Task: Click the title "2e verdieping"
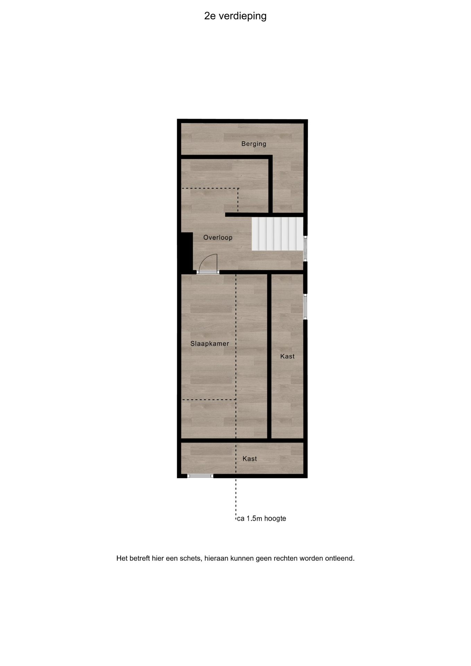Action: pos(235,16)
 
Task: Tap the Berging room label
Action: pos(254,144)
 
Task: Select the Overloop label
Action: pos(218,238)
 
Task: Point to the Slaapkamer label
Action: pos(209,344)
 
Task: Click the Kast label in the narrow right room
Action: pos(288,356)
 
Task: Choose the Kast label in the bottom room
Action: pos(250,459)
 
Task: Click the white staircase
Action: pos(277,233)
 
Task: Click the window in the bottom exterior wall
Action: pos(200,476)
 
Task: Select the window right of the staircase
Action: pos(305,248)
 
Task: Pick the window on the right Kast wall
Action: pos(305,307)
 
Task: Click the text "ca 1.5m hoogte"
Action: pos(262,519)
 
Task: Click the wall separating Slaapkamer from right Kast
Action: pos(269,356)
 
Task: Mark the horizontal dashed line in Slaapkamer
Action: pos(209,400)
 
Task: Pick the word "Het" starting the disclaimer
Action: pos(122,558)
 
